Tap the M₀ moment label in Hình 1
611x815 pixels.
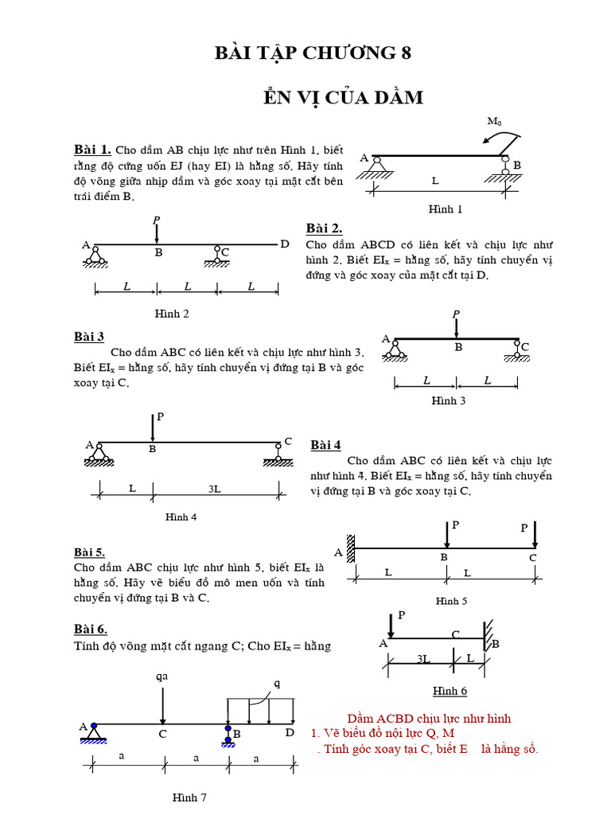495,122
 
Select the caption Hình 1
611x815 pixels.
445,209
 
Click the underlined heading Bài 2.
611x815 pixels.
324,228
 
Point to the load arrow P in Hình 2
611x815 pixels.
157,231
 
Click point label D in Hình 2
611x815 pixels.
285,244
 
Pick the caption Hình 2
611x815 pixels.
172,314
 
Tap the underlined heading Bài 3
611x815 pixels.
89,337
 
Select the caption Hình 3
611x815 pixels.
449,400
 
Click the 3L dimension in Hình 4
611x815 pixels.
214,489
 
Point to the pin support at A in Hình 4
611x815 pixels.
99,455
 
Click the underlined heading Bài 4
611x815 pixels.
325,445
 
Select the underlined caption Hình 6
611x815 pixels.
449,691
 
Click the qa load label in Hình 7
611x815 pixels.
162,677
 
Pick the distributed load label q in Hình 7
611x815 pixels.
277,683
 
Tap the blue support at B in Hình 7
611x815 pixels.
228,734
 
